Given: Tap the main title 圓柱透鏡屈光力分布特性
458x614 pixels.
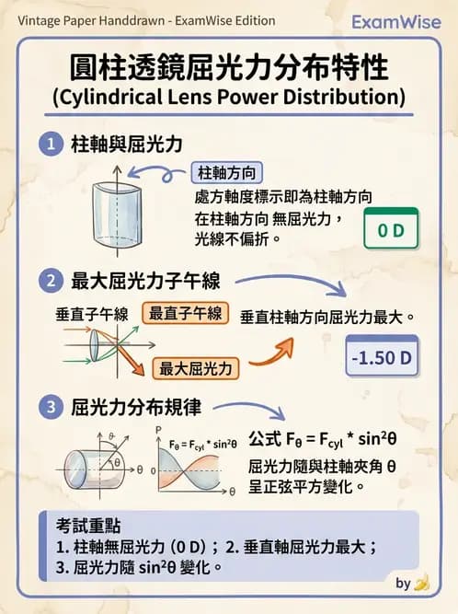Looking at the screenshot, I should (229, 68).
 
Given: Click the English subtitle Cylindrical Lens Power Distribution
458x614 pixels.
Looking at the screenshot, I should (229, 96).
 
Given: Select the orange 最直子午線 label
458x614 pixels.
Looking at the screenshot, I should (187, 313).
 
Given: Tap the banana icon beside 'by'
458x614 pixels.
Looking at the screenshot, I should (422, 583).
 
